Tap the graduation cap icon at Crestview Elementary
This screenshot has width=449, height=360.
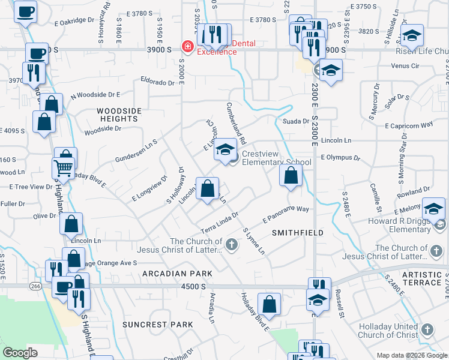pyautogui.click(x=225, y=150)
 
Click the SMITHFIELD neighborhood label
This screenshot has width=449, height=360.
pyautogui.click(x=298, y=232)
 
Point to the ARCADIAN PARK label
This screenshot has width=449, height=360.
pyautogui.click(x=177, y=274)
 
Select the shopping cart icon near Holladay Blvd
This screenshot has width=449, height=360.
pyautogui.click(x=64, y=167)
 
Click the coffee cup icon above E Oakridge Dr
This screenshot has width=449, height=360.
pyautogui.click(x=25, y=12)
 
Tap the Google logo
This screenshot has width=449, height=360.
pyautogui.click(x=20, y=353)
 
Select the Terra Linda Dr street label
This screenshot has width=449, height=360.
pyautogui.click(x=220, y=223)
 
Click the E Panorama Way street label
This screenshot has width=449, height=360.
pyautogui.click(x=286, y=214)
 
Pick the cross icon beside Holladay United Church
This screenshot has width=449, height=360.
pyautogui.click(x=427, y=329)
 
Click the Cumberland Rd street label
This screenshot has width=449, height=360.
pyautogui.click(x=236, y=123)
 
